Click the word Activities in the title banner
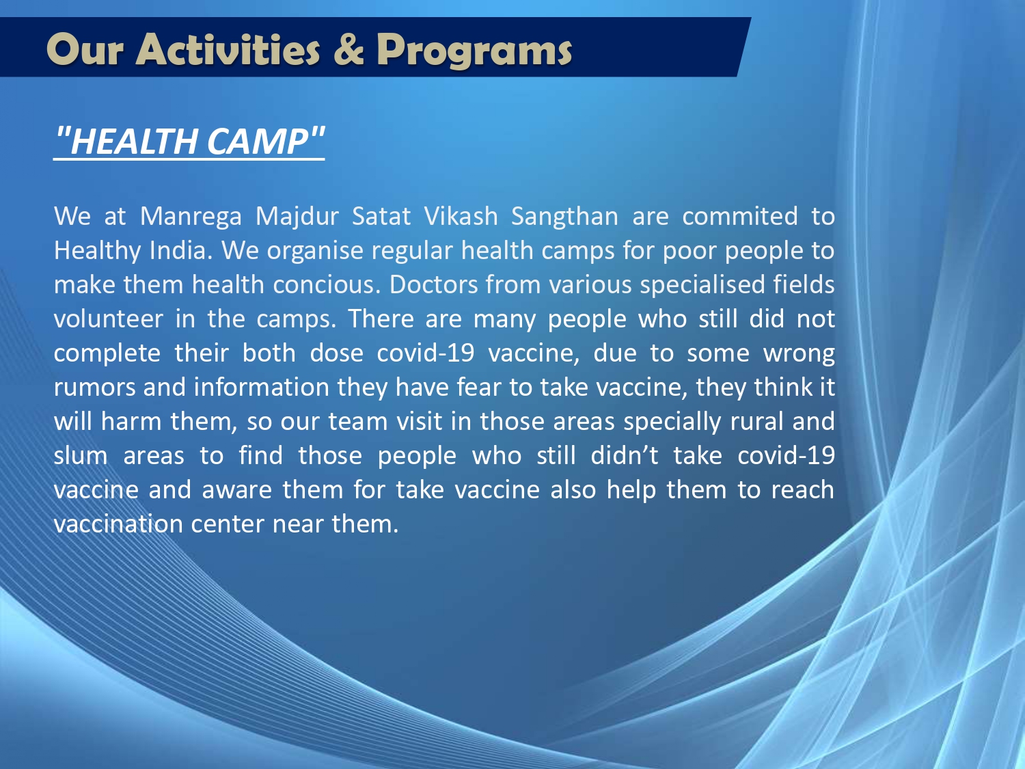pos(228,49)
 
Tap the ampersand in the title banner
pos(348,49)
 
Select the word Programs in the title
pos(474,51)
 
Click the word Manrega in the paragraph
pos(191,217)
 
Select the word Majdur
pos(297,217)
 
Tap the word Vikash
pos(461,216)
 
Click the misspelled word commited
pos(739,216)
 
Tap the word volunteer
pos(109,319)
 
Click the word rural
pos(756,420)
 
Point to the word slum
pos(81,455)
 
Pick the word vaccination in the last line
pos(118,524)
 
